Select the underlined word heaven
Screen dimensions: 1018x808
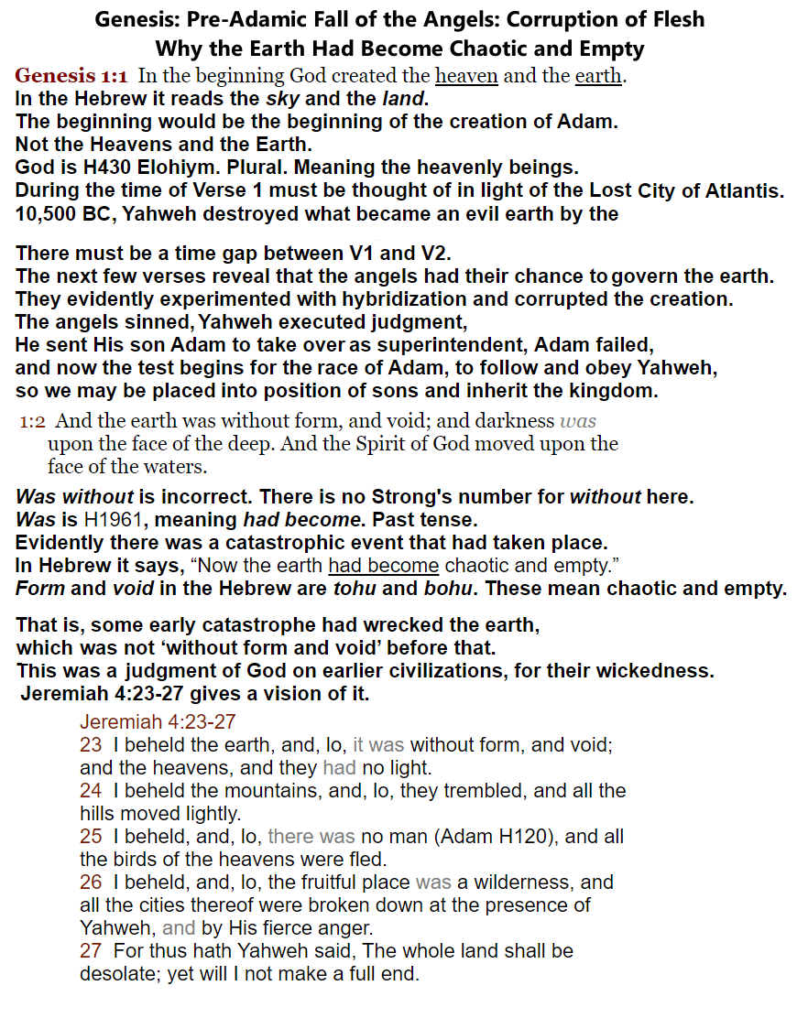[x=466, y=76]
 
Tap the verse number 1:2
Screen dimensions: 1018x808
[x=34, y=421]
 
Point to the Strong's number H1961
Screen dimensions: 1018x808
[x=122, y=520]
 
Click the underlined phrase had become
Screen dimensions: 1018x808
[x=383, y=566]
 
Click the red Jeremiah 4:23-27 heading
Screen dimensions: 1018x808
[x=158, y=722]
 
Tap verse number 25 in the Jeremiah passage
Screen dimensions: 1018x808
[x=91, y=837]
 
